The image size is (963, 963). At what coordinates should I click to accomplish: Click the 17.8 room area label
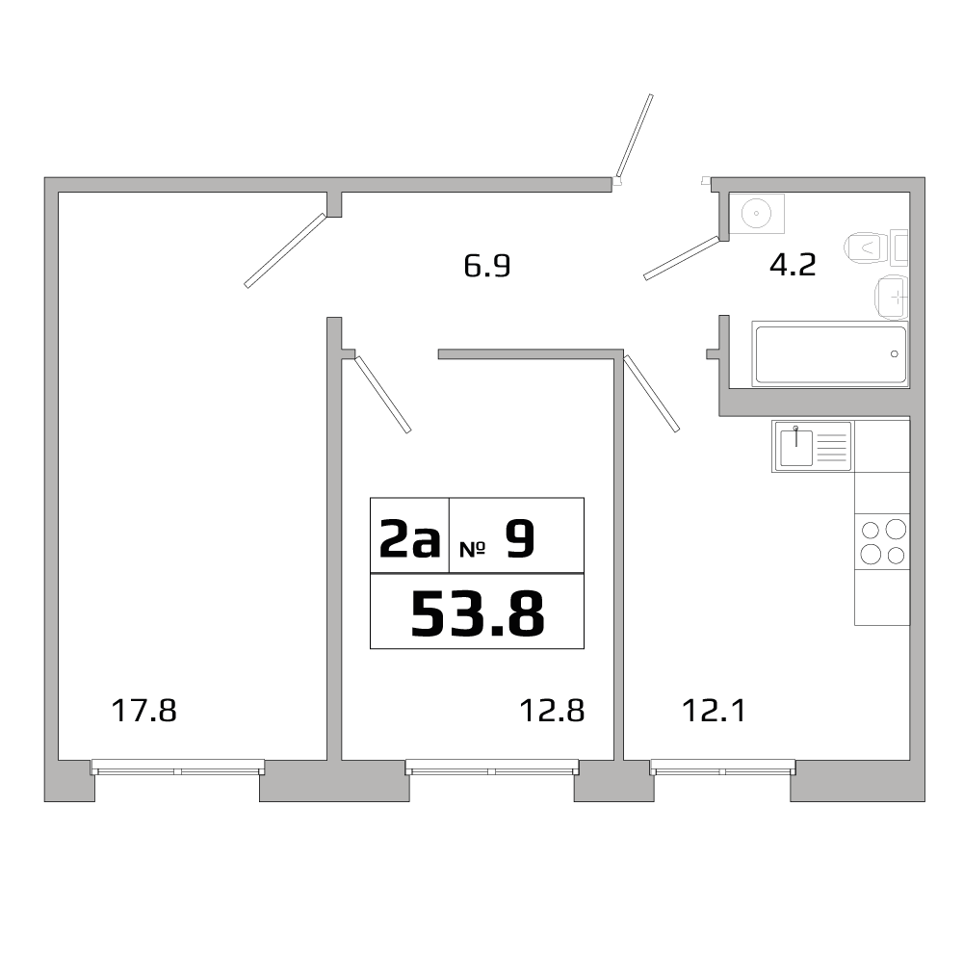[145, 712]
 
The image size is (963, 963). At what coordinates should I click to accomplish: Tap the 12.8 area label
[553, 712]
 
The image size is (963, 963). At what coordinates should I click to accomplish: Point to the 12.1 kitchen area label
[714, 712]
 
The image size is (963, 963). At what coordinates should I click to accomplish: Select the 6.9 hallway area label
[486, 266]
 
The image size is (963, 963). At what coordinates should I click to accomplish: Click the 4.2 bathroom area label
[793, 265]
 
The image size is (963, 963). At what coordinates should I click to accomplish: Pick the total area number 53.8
[478, 613]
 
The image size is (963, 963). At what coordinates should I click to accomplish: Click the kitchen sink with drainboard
[812, 447]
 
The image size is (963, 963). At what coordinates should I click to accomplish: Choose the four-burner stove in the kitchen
[882, 541]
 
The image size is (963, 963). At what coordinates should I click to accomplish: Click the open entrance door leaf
[636, 137]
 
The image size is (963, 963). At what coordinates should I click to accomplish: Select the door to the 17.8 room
[286, 250]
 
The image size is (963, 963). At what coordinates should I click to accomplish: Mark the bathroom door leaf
[682, 257]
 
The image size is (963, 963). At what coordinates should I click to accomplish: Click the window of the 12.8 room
[492, 768]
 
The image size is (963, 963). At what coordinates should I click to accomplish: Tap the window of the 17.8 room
[177, 768]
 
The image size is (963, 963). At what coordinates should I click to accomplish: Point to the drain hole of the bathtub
[895, 354]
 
